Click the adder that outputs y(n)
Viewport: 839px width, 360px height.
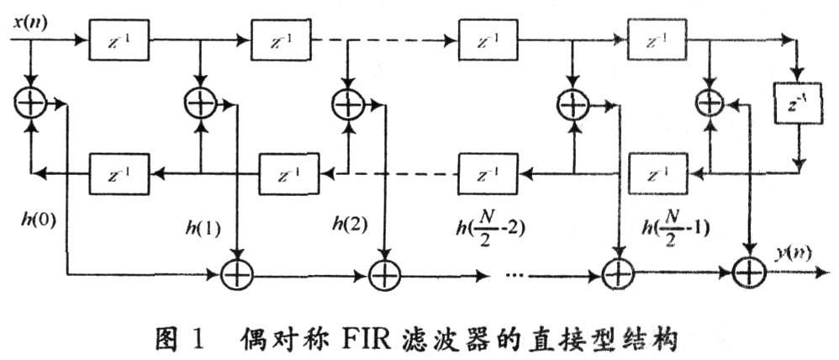pyautogui.click(x=746, y=272)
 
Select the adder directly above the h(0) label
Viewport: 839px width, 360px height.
pyautogui.click(x=31, y=103)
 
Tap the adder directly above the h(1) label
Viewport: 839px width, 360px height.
pyautogui.click(x=200, y=103)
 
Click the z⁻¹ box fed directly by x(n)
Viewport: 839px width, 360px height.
pyautogui.click(x=119, y=40)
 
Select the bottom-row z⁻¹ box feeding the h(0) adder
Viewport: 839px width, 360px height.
pyautogui.click(x=119, y=174)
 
